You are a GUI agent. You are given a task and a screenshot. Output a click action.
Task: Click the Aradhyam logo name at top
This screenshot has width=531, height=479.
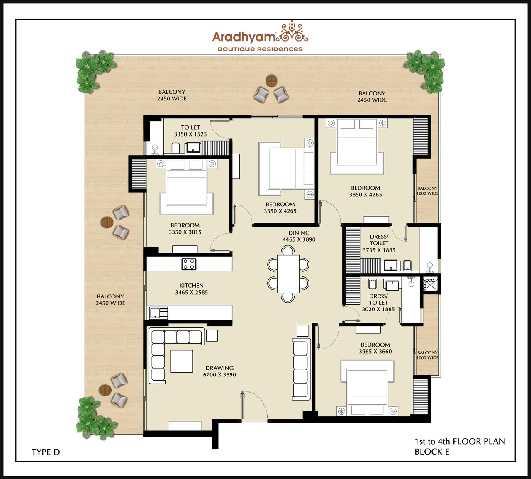pos(244,37)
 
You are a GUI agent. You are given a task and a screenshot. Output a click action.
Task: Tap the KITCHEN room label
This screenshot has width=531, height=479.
pos(191,286)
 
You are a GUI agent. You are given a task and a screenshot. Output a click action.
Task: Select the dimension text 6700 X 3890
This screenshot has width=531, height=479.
pos(219,375)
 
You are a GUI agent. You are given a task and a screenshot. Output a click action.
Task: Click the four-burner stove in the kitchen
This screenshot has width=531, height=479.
pos(189,264)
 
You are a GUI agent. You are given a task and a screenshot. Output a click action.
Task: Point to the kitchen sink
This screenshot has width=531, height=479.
pos(158,313)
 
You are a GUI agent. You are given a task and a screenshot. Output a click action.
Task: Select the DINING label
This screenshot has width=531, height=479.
pos(299,233)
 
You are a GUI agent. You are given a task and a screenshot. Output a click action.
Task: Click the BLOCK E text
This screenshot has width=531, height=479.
pos(431,452)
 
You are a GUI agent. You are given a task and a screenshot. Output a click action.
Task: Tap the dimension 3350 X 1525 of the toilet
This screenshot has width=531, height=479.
pos(190,134)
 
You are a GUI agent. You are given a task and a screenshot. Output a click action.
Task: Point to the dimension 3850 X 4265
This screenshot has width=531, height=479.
pos(365,195)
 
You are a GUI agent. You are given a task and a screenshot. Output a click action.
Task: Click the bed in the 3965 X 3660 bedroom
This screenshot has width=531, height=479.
pos(367,386)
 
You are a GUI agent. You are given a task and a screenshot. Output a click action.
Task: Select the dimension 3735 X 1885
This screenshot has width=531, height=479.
pos(379,250)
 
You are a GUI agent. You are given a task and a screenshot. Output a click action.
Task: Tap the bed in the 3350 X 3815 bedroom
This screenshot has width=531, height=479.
pos(187,185)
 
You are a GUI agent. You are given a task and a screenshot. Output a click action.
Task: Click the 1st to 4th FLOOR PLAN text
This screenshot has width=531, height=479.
pos(459,441)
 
